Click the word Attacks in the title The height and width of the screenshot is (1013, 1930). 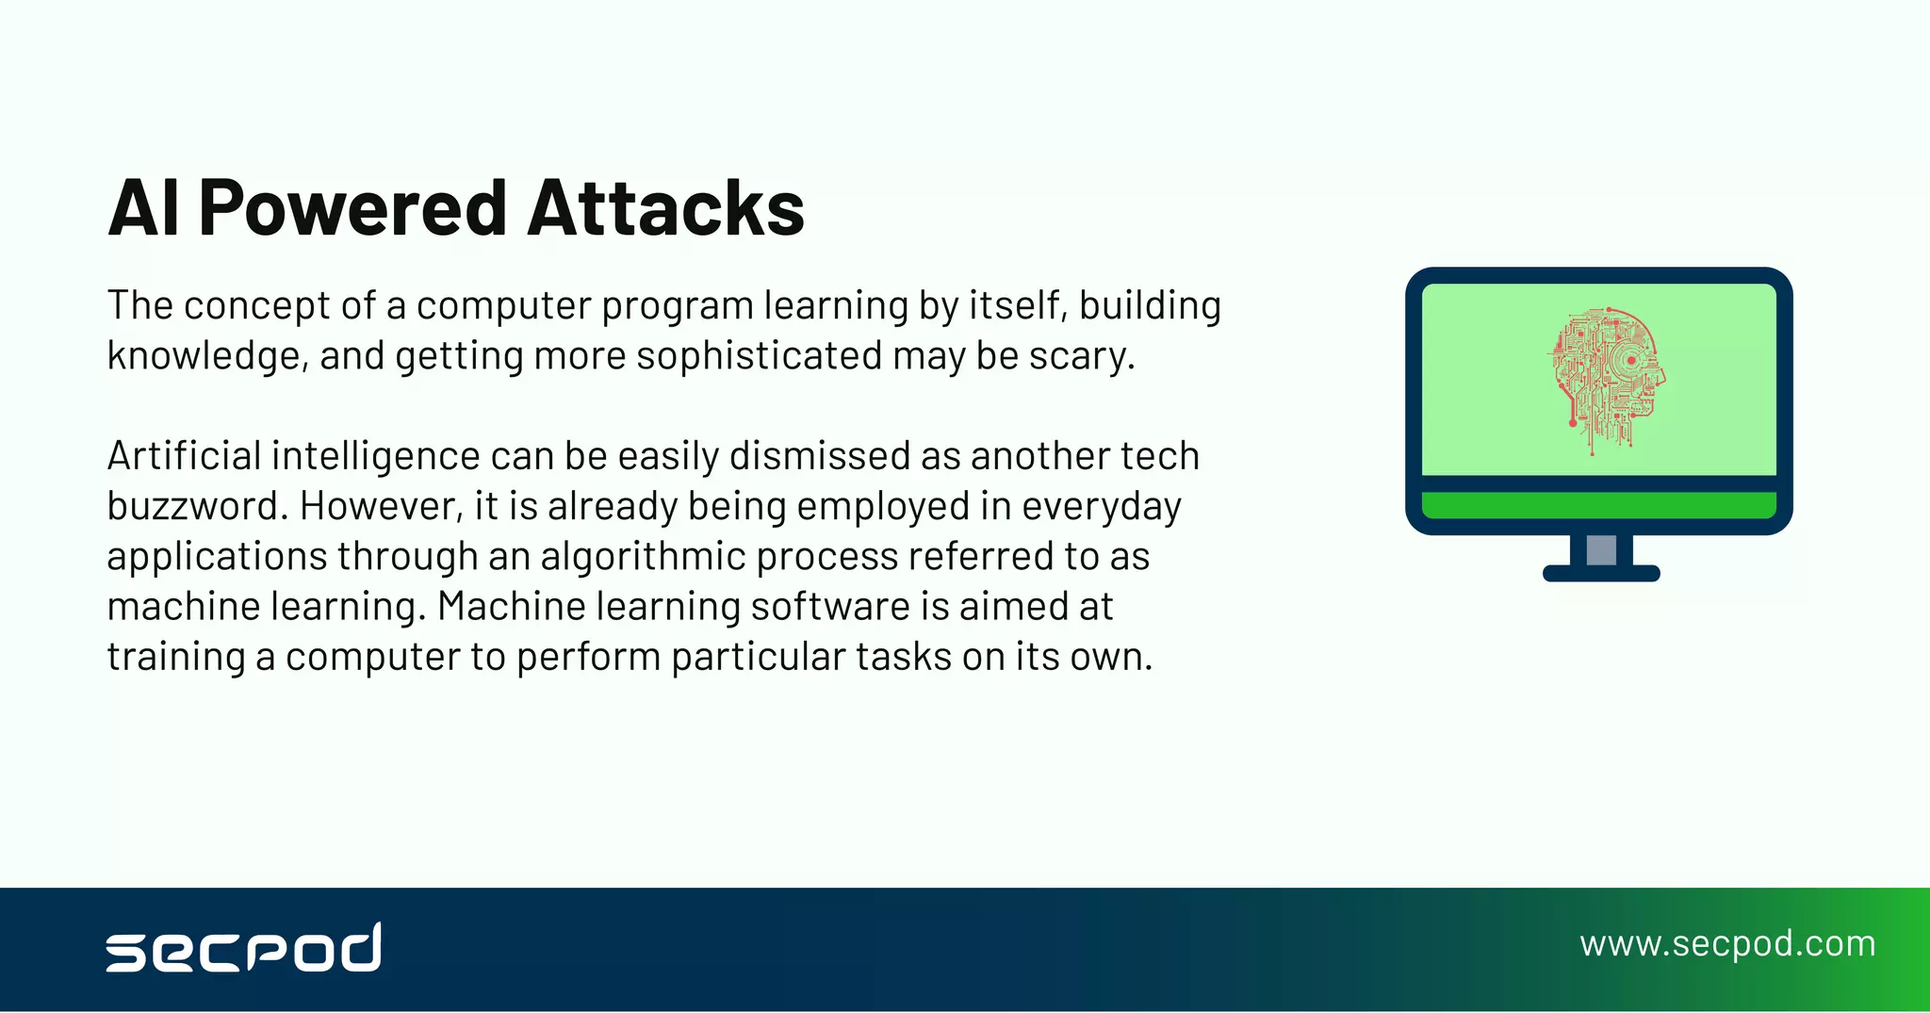(x=665, y=208)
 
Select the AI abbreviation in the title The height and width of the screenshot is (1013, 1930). (x=143, y=208)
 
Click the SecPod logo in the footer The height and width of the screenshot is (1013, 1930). (x=244, y=947)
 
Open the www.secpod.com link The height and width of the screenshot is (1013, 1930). (x=1727, y=944)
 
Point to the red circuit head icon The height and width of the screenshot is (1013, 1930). (x=1606, y=379)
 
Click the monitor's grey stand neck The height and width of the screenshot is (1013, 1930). (x=1601, y=549)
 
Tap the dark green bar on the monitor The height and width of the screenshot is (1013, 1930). (x=1598, y=505)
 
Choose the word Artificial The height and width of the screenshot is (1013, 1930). (x=184, y=456)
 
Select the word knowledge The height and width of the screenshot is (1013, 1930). (x=206, y=356)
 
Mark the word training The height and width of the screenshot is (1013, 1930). (x=175, y=657)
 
